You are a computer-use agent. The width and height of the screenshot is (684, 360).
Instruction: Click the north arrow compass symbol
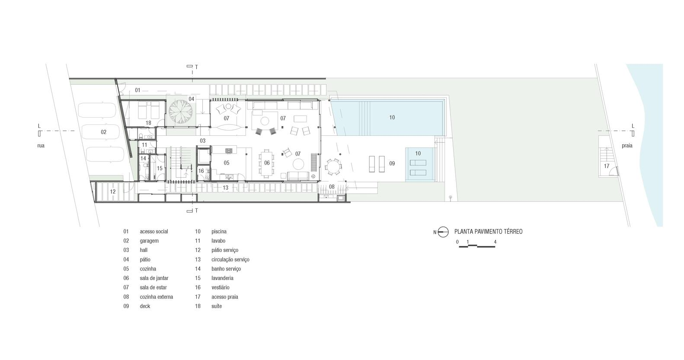coord(443,232)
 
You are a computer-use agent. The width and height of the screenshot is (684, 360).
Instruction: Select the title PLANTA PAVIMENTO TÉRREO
coord(488,232)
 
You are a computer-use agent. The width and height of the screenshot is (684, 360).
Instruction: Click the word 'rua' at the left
coord(41,146)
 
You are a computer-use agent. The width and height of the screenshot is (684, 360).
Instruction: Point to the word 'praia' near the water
coord(627,146)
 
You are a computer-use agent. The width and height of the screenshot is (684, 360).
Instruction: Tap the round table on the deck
coord(333,167)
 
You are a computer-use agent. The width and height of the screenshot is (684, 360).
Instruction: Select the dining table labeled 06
coord(267,163)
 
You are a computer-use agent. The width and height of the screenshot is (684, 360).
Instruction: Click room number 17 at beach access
coord(607,166)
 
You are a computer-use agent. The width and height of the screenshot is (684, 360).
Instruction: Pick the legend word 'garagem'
coord(149,241)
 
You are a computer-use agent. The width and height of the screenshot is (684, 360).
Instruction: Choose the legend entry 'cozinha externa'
coord(157,297)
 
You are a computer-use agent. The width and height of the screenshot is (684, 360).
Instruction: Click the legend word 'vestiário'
coord(220,287)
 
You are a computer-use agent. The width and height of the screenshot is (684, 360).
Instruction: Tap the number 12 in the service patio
coord(113,192)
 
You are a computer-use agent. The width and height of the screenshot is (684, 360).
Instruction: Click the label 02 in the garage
coord(103,132)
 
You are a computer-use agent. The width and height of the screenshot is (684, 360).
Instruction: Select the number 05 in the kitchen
coord(226,163)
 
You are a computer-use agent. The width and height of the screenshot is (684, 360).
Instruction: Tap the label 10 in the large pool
coord(392,118)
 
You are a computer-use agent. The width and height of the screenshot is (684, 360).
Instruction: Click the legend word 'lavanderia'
coord(222,278)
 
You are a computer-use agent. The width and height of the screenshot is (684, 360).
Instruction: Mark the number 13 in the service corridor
coord(225,188)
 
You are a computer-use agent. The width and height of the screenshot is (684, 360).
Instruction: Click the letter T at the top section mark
coord(196,67)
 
